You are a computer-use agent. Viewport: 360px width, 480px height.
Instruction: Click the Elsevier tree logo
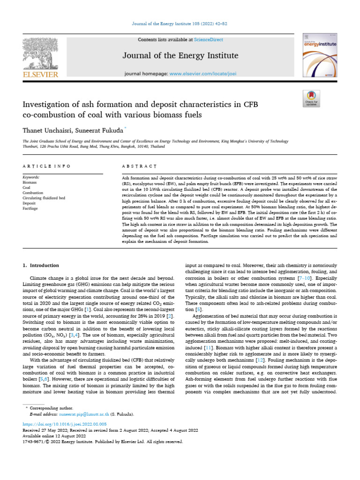coord(40,52)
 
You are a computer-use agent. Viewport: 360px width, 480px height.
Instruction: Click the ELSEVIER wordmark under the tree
coord(40,74)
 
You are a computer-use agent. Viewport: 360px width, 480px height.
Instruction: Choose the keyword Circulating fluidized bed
coord(44,198)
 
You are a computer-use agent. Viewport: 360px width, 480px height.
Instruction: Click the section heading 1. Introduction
coord(41,265)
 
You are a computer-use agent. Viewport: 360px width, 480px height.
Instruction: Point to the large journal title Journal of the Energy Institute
coord(180,56)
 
